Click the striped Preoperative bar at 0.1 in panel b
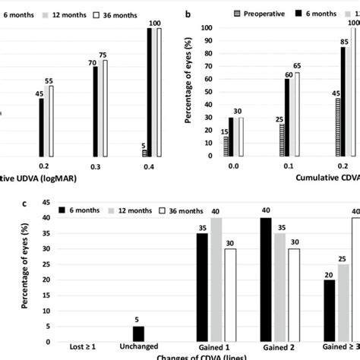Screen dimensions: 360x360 [x=281, y=141]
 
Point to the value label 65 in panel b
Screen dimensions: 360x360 [x=298, y=67]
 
